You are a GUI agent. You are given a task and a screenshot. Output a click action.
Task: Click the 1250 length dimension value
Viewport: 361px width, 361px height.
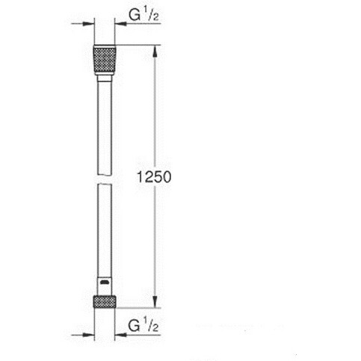point(154,177)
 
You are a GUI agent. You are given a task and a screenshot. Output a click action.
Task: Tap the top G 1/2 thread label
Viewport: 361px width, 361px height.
point(144,15)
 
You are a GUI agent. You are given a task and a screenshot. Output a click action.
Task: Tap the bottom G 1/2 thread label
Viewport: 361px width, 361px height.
point(144,325)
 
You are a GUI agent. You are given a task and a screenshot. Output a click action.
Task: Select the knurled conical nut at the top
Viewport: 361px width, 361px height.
point(105,60)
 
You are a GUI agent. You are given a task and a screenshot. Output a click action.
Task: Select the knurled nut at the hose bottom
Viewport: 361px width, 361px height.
point(105,301)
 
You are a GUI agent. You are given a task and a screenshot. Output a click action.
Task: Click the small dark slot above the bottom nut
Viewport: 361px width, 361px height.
point(105,283)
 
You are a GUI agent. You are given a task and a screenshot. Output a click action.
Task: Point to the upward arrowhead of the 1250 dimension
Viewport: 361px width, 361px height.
point(155,51)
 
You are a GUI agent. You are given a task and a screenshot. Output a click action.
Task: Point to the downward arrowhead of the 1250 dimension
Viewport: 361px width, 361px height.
point(155,302)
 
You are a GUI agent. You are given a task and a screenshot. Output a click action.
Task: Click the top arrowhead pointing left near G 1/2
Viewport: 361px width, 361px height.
point(120,24)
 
